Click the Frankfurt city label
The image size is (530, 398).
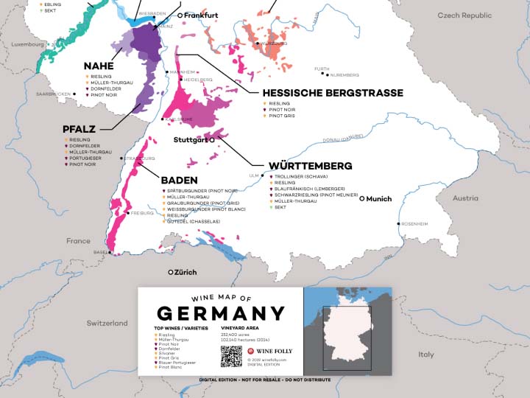tap(201, 15)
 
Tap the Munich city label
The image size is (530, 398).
tap(378, 198)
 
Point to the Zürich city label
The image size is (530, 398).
tap(185, 272)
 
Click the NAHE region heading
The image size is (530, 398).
tap(98, 66)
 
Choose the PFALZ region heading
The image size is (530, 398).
tap(79, 129)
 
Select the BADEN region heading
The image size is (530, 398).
tap(179, 179)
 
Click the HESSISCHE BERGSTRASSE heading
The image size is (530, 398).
tap(332, 93)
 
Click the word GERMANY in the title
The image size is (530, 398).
tap(221, 313)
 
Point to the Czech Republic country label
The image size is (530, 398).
tap(464, 15)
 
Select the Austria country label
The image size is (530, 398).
tap(465, 198)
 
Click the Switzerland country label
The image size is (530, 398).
tap(107, 323)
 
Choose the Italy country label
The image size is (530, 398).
tap(426, 355)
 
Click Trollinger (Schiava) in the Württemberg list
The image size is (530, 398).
tap(302, 177)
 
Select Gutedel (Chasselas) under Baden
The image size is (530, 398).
tap(189, 221)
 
